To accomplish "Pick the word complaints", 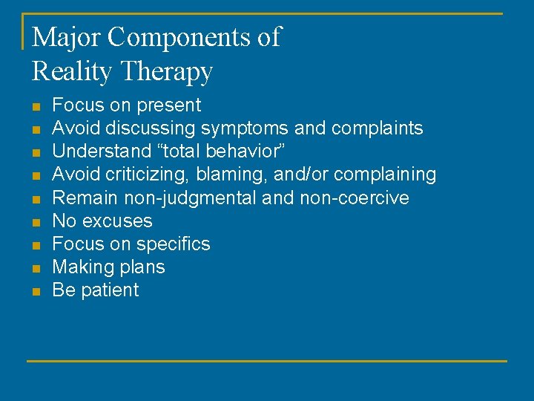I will tap(378, 128).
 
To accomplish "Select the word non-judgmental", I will tap(191, 198).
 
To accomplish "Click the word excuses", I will tap(120, 221).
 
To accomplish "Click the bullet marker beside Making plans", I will tap(35, 268).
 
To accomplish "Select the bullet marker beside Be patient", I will tap(35, 291).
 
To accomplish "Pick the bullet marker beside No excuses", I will tap(35, 222).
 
